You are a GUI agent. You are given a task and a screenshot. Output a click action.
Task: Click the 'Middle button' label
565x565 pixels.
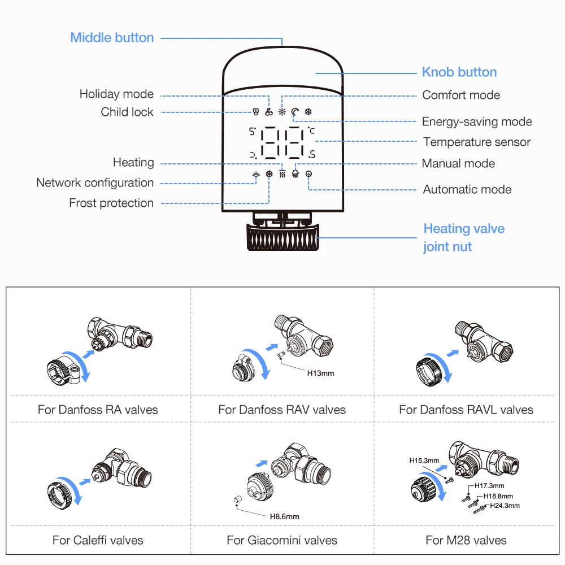pos(112,38)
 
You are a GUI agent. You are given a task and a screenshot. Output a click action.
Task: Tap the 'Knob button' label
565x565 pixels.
pos(459,72)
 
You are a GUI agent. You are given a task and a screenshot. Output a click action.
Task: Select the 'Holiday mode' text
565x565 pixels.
pos(116,94)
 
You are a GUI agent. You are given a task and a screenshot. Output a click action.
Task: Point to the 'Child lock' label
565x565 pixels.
pos(127,112)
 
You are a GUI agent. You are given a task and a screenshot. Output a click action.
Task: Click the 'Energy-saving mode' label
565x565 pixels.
pos(477,121)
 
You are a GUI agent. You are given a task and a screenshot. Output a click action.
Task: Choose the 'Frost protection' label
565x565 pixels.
pos(111,203)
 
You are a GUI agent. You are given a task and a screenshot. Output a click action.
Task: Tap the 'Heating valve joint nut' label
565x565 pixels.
pos(464,237)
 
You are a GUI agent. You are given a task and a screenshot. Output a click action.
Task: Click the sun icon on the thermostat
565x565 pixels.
pos(282,112)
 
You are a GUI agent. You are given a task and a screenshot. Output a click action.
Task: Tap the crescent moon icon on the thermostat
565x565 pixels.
pos(295,112)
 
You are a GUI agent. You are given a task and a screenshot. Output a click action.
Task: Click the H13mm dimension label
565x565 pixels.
pos(320,373)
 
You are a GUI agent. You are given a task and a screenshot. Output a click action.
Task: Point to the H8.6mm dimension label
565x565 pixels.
pos(284,516)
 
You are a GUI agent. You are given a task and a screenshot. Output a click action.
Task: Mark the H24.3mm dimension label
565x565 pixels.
pos(505,506)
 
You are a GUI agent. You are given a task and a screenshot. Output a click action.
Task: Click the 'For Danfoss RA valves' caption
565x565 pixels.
pos(98,410)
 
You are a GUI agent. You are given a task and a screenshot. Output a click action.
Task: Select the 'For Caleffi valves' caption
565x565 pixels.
pos(98,540)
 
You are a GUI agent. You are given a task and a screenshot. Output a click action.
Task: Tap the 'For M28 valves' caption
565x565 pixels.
pos(466,540)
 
